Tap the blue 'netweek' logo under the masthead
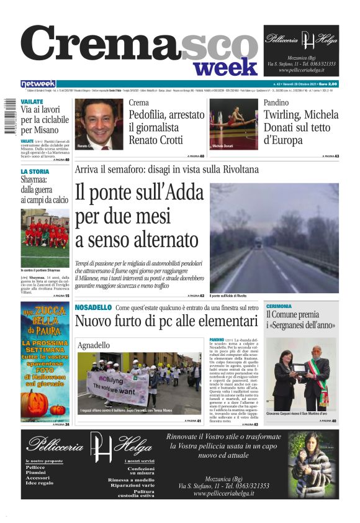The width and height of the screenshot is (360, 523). click(38, 84)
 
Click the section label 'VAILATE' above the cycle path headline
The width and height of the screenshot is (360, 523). click(32, 100)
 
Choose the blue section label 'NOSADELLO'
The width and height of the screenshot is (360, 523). click(93, 307)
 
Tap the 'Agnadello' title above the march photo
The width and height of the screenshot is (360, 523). click(94, 345)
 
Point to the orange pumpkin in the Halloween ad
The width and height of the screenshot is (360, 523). click(32, 403)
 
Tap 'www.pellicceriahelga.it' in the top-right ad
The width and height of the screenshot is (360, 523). click(301, 70)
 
